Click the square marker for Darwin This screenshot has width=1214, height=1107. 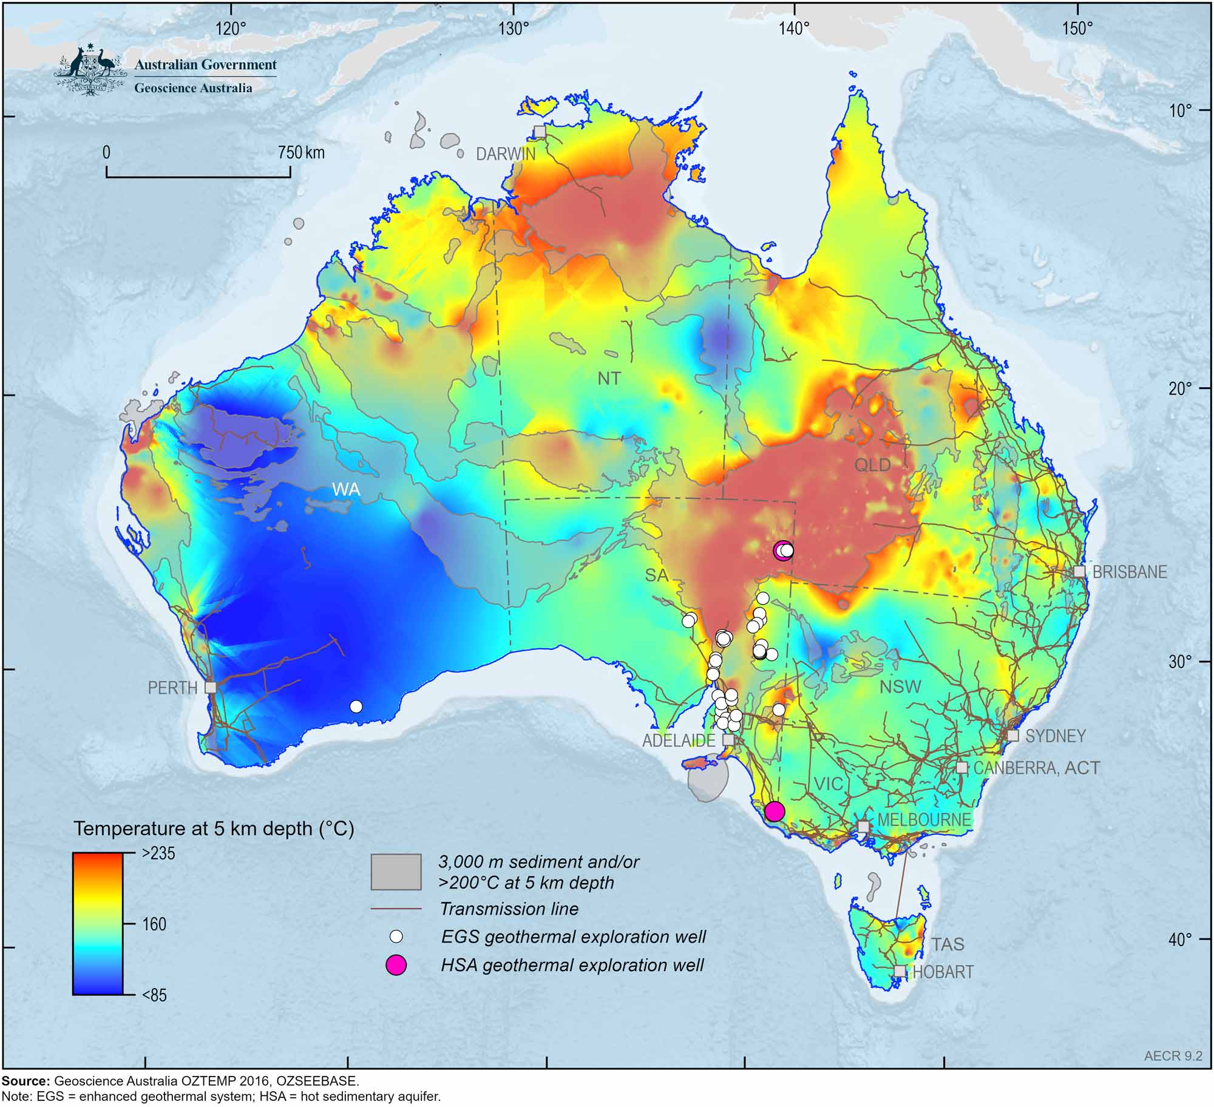tap(540, 132)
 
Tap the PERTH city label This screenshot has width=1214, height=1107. tap(172, 688)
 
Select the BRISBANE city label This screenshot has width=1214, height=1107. tap(1130, 572)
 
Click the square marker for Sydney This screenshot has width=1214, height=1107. tap(1012, 736)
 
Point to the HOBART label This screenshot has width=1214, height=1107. tap(943, 972)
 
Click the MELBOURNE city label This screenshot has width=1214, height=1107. tap(924, 820)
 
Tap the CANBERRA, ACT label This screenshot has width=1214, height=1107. tap(1037, 768)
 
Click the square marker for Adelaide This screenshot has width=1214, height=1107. tap(728, 740)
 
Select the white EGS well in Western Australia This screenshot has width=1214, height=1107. tap(356, 706)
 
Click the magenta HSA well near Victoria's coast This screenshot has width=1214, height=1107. tap(774, 811)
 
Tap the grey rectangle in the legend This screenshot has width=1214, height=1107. tap(396, 872)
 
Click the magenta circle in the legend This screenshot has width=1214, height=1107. tap(396, 964)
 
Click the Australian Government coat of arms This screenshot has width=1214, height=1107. tap(90, 71)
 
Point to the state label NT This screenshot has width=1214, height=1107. tap(609, 379)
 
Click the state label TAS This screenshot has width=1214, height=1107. tap(948, 944)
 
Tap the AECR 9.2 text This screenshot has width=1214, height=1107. tap(1173, 1073)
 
